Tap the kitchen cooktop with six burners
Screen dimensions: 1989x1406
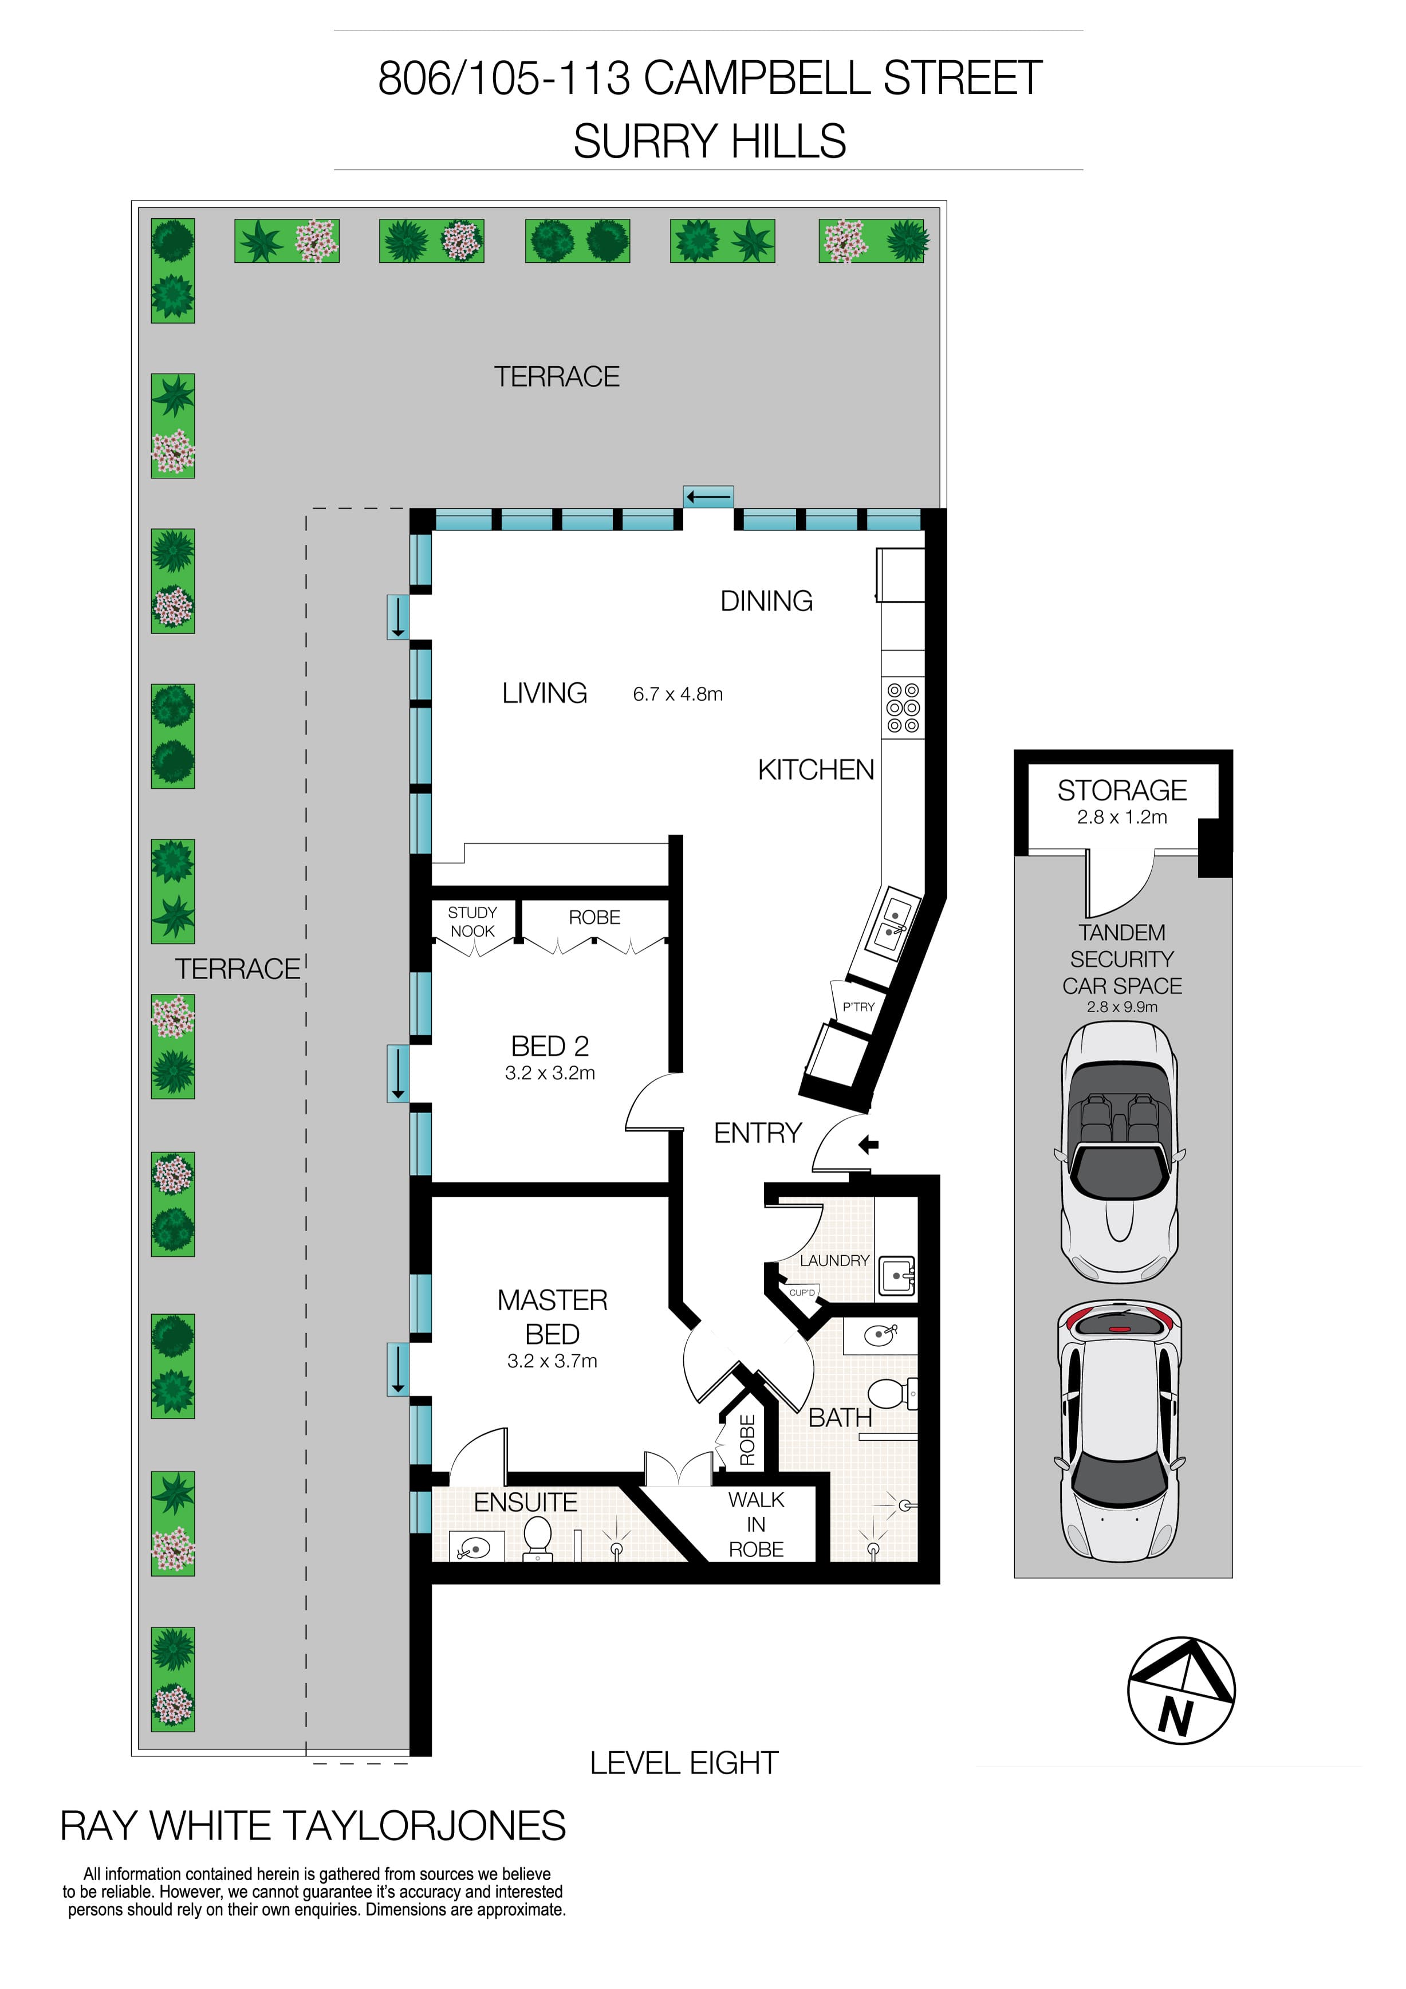click(903, 707)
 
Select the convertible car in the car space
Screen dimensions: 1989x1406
click(1119, 1151)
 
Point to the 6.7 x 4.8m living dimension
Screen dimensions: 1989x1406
click(678, 694)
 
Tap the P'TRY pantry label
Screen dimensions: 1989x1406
click(858, 1007)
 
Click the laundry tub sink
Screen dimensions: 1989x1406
click(897, 1276)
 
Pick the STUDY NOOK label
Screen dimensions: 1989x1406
click(472, 922)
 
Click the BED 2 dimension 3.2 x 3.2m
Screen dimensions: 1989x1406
click(550, 1074)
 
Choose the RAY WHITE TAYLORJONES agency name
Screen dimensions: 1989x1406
click(313, 1826)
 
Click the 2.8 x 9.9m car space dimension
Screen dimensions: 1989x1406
click(1122, 1007)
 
